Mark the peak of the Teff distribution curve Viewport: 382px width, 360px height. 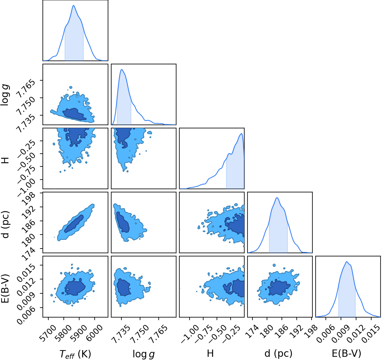[73, 6]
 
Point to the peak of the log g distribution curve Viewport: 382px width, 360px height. [122, 70]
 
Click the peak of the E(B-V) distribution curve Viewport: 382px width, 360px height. [347, 262]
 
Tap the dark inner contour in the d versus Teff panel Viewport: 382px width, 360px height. [74, 224]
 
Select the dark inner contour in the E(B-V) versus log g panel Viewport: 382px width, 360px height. [124, 287]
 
